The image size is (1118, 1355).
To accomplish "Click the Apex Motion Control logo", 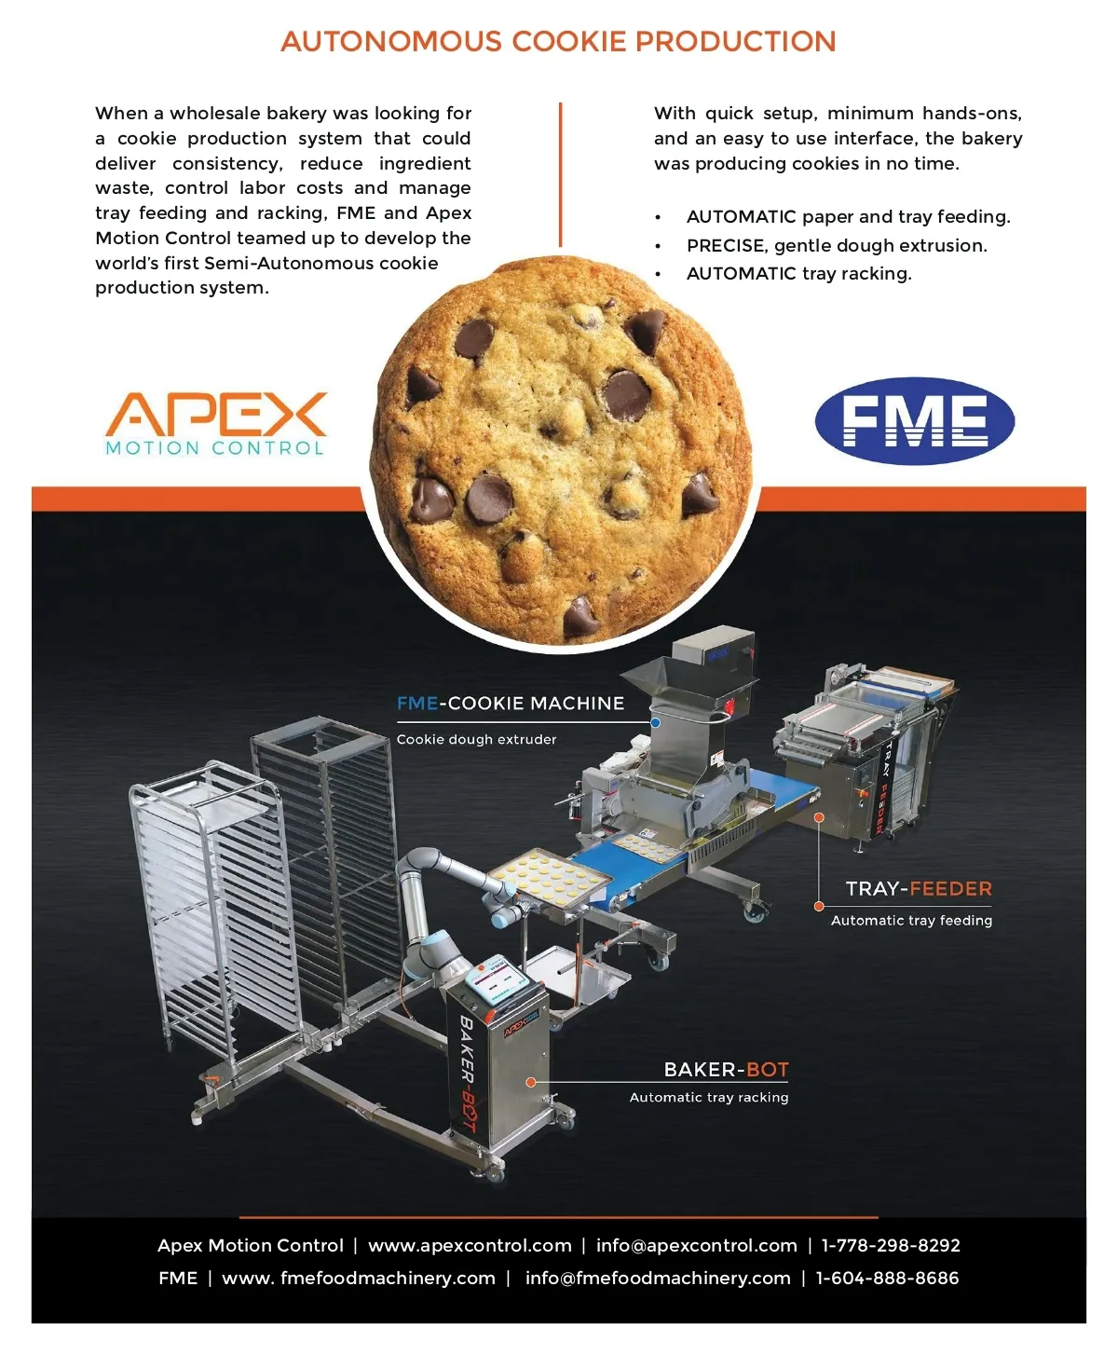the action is pyautogui.click(x=215, y=424).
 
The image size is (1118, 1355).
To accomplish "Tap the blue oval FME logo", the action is pyautogui.click(x=914, y=420).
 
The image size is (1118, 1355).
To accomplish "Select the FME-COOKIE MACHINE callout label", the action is pyautogui.click(x=510, y=703).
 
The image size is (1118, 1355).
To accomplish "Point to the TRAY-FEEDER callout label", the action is pyautogui.click(x=919, y=888).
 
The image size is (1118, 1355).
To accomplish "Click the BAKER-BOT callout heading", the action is pyautogui.click(x=726, y=1070).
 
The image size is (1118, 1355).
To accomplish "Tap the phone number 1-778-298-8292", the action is pyautogui.click(x=891, y=1245).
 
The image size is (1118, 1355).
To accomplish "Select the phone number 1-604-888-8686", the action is pyautogui.click(x=887, y=1278).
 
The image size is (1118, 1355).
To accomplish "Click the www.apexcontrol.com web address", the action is pyautogui.click(x=470, y=1245).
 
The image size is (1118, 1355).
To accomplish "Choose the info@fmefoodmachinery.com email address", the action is pyautogui.click(x=658, y=1278).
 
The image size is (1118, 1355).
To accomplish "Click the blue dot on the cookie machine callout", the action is pyautogui.click(x=655, y=722).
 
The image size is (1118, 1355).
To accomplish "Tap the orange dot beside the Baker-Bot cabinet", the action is pyautogui.click(x=531, y=1082).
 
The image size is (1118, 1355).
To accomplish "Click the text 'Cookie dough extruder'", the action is pyautogui.click(x=476, y=739).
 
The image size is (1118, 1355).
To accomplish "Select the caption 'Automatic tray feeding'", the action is pyautogui.click(x=912, y=920).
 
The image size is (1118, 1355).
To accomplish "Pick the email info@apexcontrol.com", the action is pyautogui.click(x=696, y=1245).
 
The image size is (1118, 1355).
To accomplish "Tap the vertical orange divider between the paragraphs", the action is pyautogui.click(x=560, y=174).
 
